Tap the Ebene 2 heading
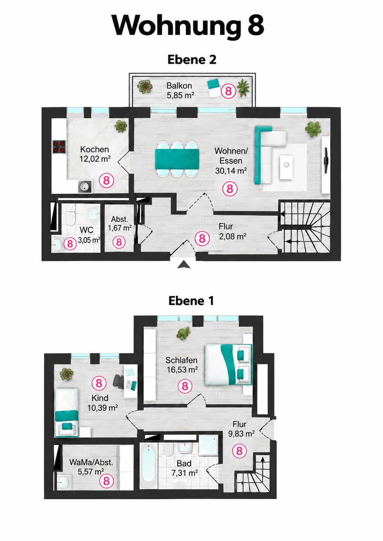[192, 60]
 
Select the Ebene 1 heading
[191, 301]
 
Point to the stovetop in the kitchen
[59, 147]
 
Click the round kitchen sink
[85, 187]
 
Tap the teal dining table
[177, 159]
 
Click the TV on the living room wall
[326, 160]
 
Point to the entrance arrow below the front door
[184, 265]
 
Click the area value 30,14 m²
[231, 171]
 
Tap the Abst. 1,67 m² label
[120, 224]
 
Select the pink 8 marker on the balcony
[229, 91]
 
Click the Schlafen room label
[182, 360]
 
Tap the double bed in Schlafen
[228, 364]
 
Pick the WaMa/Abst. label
[91, 462]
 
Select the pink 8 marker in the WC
[70, 243]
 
